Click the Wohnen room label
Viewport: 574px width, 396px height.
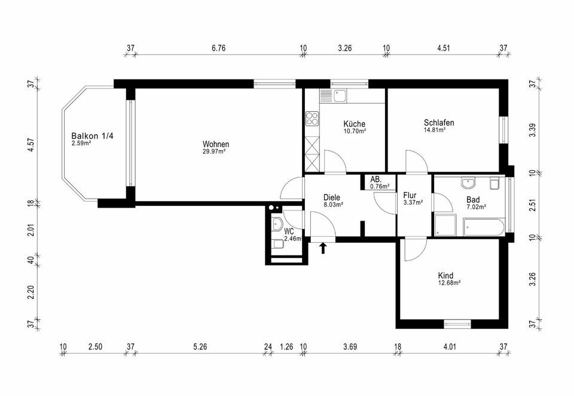(x=216, y=144)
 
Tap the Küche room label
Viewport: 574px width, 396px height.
(x=354, y=124)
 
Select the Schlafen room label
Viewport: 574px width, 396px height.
(x=439, y=123)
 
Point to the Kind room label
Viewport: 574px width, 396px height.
(x=446, y=276)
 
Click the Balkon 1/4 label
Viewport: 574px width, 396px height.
(x=92, y=136)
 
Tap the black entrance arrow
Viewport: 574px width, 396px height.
(x=323, y=248)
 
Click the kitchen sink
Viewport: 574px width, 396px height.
(x=340, y=96)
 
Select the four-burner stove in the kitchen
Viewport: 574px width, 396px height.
(x=312, y=118)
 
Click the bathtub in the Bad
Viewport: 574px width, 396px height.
(x=484, y=227)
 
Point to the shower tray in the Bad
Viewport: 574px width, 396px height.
(x=445, y=226)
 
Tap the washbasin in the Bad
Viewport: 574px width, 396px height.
(x=468, y=183)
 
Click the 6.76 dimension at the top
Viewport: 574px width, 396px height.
(x=219, y=48)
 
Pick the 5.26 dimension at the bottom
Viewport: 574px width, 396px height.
(x=200, y=346)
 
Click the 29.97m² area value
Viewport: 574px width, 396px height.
(x=214, y=151)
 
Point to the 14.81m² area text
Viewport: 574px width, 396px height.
(x=435, y=130)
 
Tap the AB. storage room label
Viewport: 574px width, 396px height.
(x=376, y=179)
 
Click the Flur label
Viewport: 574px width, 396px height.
(x=410, y=195)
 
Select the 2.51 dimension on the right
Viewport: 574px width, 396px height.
(x=533, y=205)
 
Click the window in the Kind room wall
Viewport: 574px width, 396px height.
(x=457, y=324)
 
